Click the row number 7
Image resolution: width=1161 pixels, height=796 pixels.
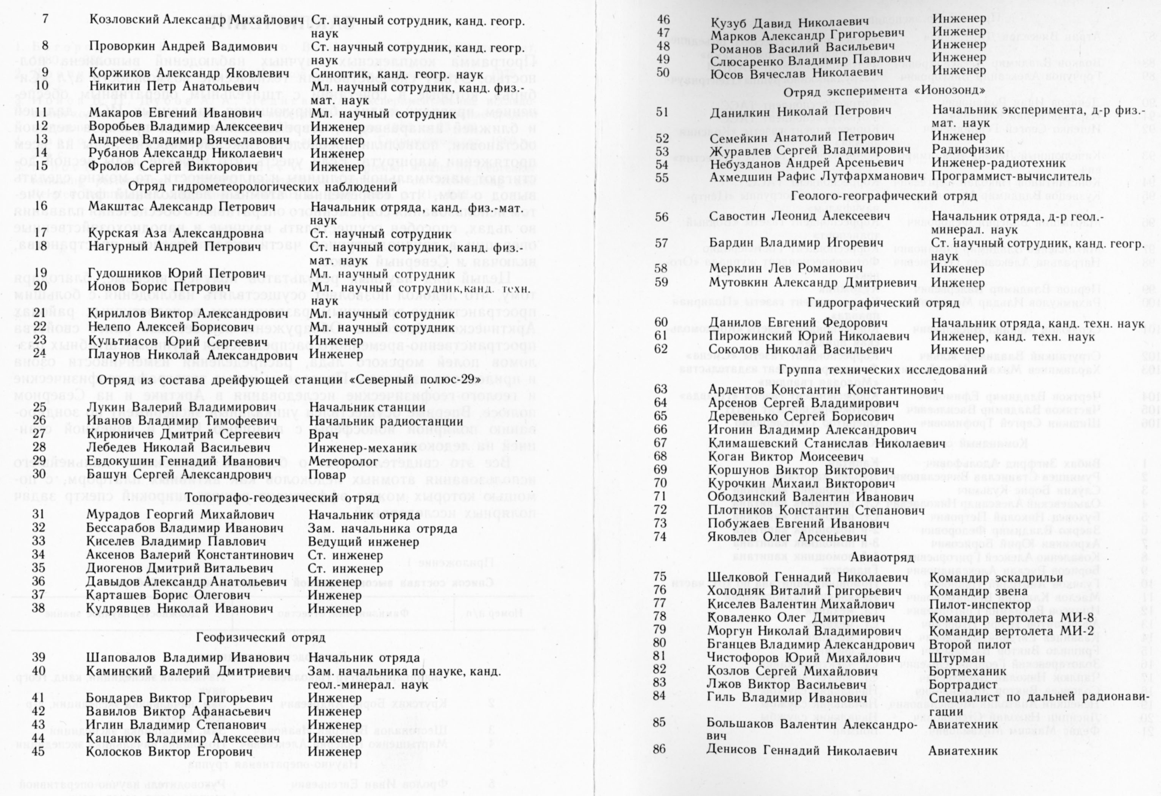45,20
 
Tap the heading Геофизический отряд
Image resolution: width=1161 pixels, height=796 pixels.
261,638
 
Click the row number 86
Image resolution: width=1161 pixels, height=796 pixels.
659,751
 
